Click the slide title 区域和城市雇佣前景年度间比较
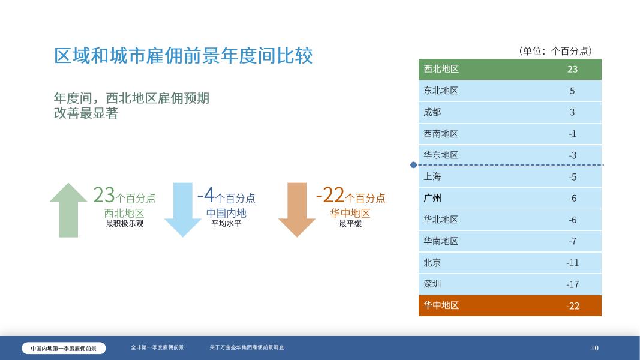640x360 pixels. [x=184, y=56]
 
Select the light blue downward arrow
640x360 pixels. [x=182, y=210]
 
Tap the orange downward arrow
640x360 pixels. [x=296, y=210]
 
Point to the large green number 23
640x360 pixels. [x=104, y=195]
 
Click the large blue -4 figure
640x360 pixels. [x=206, y=195]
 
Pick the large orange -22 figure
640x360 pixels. [x=330, y=195]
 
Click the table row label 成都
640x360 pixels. [x=432, y=112]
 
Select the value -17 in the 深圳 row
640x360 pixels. [x=572, y=284]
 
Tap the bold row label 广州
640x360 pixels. [x=432, y=198]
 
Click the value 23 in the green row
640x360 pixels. [x=572, y=69]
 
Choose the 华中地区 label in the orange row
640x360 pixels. [x=441, y=305]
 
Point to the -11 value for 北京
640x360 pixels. [x=572, y=263]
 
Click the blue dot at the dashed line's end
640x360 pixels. [x=413, y=165]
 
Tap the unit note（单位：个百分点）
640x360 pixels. [x=555, y=51]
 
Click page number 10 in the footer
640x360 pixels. [x=594, y=348]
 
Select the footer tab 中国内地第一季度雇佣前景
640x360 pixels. [x=64, y=348]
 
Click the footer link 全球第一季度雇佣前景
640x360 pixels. [x=157, y=347]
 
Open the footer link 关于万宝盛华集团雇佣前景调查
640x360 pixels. [x=247, y=347]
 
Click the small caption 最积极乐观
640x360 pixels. [x=124, y=223]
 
